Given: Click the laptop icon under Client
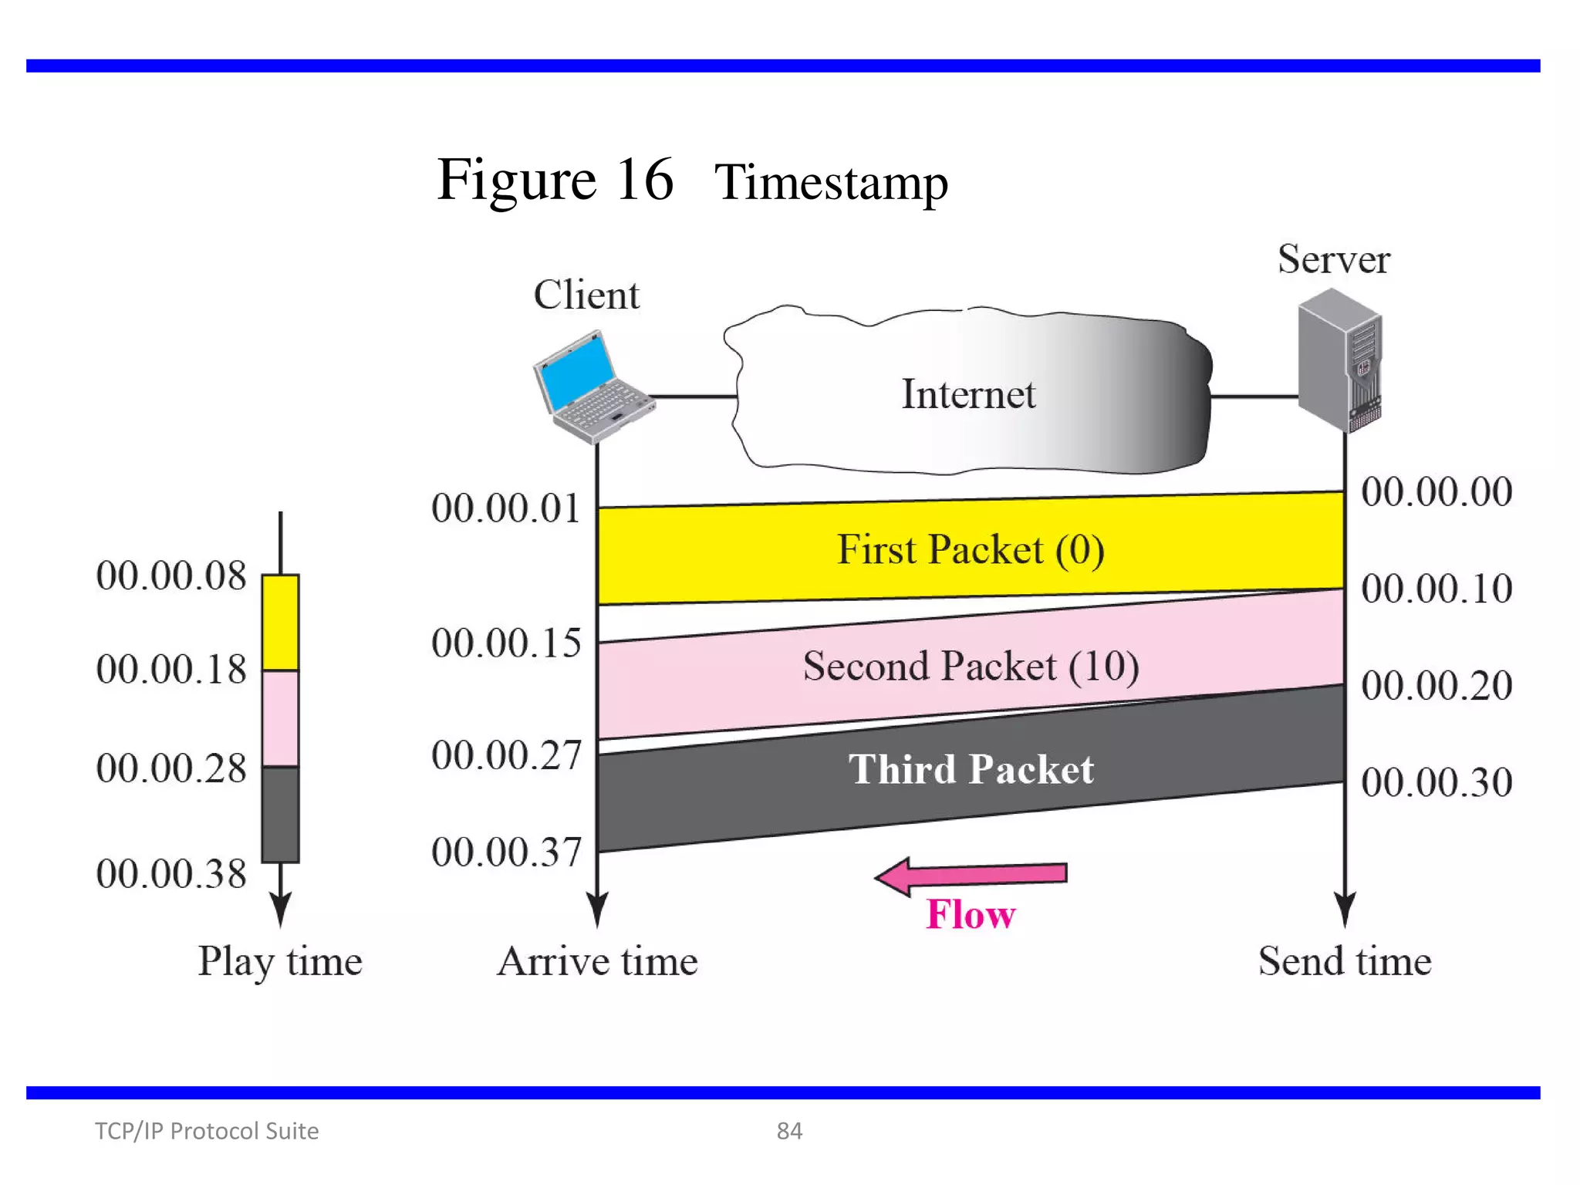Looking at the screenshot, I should pos(592,388).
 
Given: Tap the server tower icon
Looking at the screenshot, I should pos(1340,360).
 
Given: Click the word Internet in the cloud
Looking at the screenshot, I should pos(968,394).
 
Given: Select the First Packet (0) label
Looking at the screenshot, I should pos(971,550).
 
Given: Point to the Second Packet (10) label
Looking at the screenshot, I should pos(971,666).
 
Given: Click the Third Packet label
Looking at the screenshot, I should pos(971,769).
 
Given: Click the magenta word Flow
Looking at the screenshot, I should pos(971,915).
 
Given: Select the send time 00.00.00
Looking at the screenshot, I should pos(1436,492).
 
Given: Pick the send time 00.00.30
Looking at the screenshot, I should pos(1436,782).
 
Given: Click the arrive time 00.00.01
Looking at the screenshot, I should pos(505,509).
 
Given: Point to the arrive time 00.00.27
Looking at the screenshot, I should pos(505,755).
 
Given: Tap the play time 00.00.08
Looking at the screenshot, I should pos(170,576).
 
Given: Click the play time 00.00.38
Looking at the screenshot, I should pos(170,874).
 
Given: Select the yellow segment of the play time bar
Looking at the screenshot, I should pos(280,622).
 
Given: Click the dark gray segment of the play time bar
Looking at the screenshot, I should pos(280,814).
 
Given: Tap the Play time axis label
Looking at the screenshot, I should pos(280,961).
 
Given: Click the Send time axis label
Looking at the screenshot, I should pos(1345,961).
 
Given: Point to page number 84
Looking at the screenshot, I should pos(789,1131).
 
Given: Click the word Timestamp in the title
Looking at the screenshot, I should pos(831,183).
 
